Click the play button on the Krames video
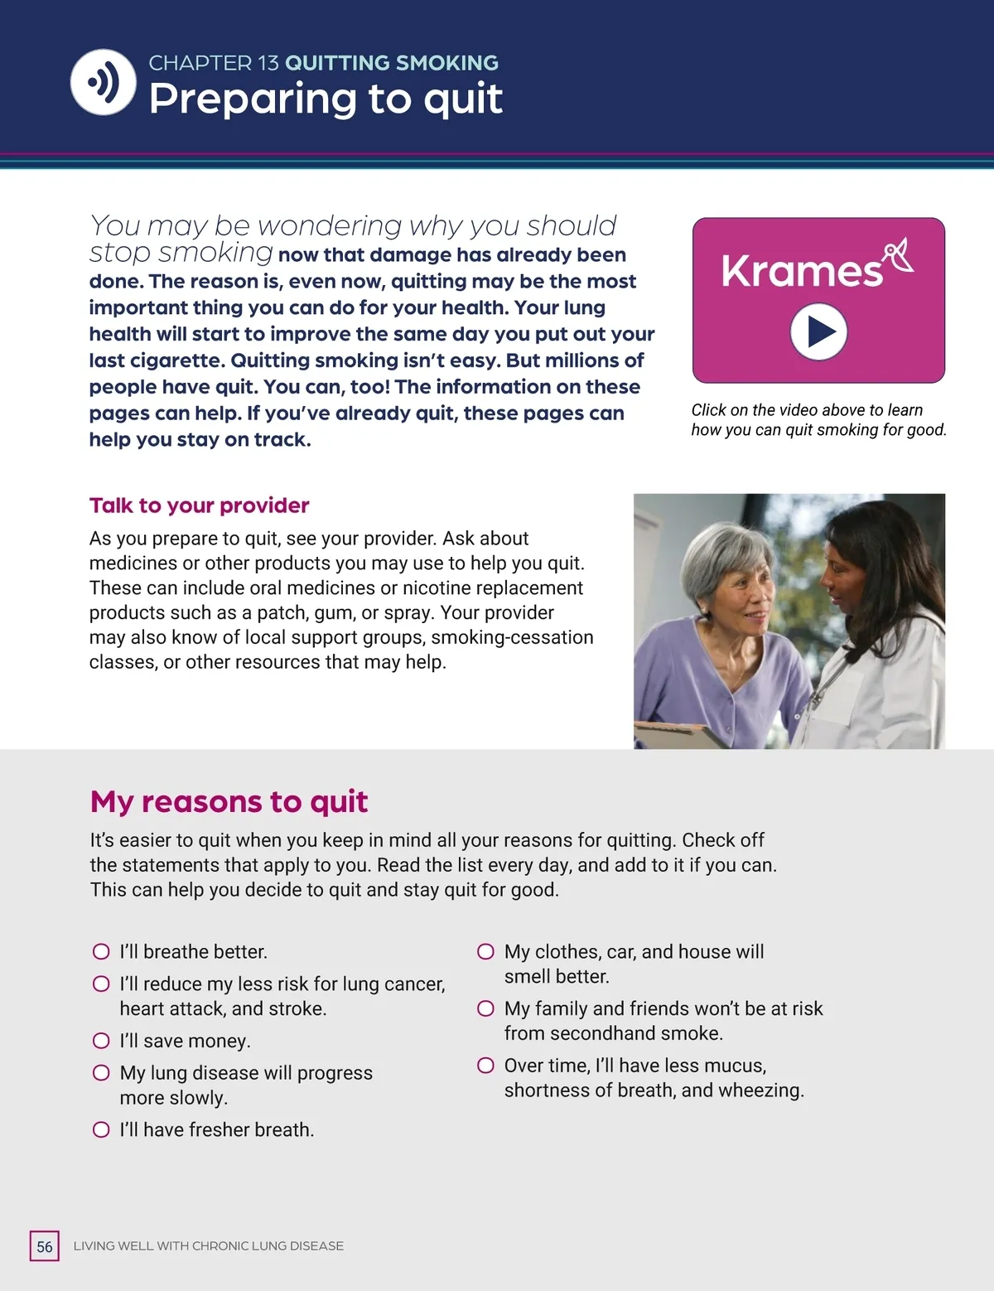[818, 331]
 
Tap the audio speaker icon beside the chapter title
[104, 82]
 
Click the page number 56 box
[45, 1246]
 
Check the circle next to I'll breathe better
[101, 951]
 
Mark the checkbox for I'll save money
[101, 1041]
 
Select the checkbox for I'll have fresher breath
[101, 1129]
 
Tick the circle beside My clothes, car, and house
[486, 951]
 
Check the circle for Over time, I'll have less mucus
[486, 1065]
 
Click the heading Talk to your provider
[199, 505]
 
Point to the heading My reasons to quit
[229, 801]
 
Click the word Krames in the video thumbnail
[801, 271]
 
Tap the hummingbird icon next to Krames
[898, 254]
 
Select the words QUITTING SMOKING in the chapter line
[391, 63]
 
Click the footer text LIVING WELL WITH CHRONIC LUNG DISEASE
[208, 1246]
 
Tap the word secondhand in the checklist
[600, 1033]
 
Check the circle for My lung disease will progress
[101, 1073]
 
